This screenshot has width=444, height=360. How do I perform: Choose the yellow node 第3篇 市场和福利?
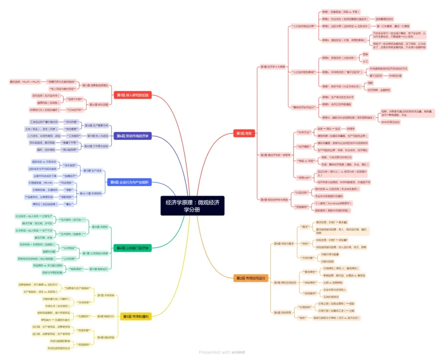coord(136,316)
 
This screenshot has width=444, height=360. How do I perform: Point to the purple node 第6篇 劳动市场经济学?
coord(132,136)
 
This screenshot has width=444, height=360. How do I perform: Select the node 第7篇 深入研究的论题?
coord(133,95)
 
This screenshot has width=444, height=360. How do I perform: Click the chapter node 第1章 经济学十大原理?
coord(273,66)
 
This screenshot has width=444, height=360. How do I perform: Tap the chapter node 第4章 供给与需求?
coord(284,244)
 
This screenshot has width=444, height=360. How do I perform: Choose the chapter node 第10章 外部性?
coord(99,227)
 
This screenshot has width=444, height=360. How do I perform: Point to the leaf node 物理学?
coord(351,128)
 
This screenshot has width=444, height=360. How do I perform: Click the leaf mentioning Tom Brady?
coord(333,204)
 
